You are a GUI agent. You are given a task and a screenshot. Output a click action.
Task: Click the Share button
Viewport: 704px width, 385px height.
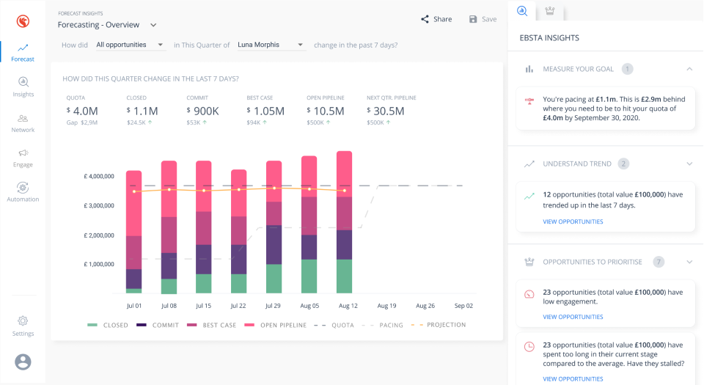click(436, 19)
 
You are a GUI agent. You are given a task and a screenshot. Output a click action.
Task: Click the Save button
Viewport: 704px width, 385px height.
click(483, 19)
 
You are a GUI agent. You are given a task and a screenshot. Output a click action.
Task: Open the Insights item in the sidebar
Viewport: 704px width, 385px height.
click(23, 87)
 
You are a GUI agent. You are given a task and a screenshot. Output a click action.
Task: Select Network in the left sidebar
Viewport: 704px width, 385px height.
click(23, 122)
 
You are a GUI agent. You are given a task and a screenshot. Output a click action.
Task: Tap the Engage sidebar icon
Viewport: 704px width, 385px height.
click(23, 157)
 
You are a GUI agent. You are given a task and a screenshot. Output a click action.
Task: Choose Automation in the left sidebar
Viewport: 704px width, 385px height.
click(23, 191)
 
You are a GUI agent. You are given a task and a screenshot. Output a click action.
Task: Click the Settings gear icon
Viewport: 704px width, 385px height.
click(23, 321)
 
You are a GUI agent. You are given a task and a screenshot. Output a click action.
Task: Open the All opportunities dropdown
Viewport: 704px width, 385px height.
click(130, 45)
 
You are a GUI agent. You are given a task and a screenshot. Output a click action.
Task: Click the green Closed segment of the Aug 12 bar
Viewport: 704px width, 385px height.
click(344, 276)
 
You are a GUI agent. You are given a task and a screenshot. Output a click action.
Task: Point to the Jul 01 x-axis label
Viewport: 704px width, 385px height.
click(133, 305)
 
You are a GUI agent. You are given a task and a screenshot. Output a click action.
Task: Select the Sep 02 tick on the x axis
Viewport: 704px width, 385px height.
click(463, 305)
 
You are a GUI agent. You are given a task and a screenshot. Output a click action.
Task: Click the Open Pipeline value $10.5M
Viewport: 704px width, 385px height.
click(326, 111)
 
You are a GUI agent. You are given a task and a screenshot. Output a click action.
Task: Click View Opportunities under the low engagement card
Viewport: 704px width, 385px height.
click(573, 317)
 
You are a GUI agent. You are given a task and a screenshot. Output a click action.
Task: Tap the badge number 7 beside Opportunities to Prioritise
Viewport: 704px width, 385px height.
click(659, 262)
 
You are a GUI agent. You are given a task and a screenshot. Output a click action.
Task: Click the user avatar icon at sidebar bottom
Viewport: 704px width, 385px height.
click(23, 362)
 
